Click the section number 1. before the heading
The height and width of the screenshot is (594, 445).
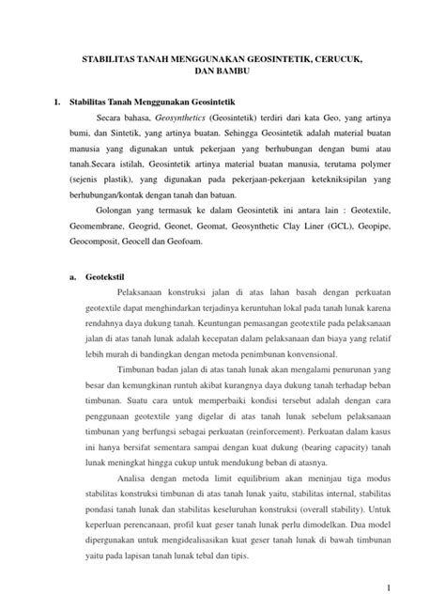[57, 98]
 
